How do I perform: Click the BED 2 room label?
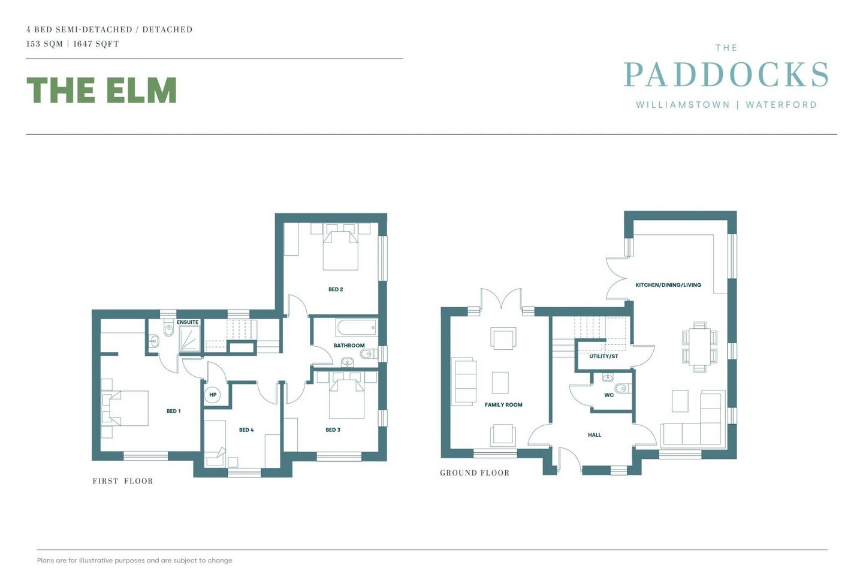pos(336,289)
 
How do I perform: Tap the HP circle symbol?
pos(213,395)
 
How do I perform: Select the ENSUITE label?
pos(188,322)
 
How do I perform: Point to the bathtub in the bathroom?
pos(357,327)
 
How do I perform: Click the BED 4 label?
pos(246,430)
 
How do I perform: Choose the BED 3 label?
pos(333,430)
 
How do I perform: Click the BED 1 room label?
pos(173,411)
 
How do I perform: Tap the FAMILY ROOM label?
pos(503,405)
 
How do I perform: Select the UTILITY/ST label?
pos(604,356)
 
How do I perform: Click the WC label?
pos(609,395)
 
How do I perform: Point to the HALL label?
pos(595,435)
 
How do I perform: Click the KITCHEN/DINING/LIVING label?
pos(668,285)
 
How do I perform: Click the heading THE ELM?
pos(102,90)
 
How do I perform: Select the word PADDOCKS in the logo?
pos(726,75)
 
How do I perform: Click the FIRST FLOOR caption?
pos(123,481)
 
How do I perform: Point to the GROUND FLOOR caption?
pos(475,473)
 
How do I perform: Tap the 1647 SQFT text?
pos(96,44)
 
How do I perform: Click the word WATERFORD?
pos(781,105)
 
